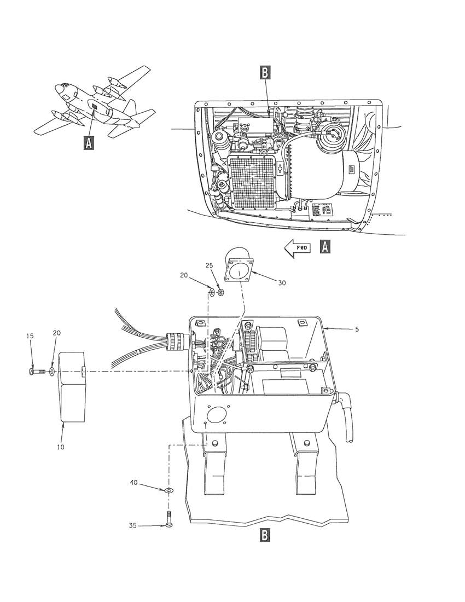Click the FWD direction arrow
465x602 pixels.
[x=297, y=247]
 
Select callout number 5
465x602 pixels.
[x=357, y=329]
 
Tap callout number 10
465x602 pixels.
[x=61, y=447]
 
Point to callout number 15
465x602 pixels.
[x=30, y=336]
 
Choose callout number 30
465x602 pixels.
[x=282, y=283]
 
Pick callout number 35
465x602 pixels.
[x=132, y=525]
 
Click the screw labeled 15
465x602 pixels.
[x=37, y=371]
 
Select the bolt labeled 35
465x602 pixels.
[x=169, y=519]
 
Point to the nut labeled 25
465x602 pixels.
[x=220, y=293]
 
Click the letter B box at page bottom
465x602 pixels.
[x=264, y=535]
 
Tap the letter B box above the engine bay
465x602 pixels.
[x=265, y=72]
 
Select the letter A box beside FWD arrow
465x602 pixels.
[x=325, y=247]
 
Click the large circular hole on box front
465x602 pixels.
[x=215, y=415]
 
